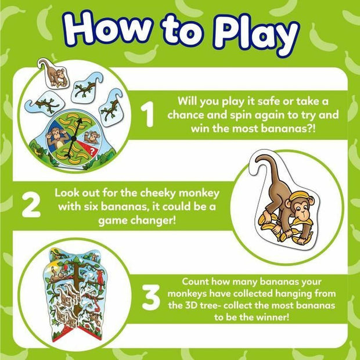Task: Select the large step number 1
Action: point(147,114)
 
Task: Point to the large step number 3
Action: point(151,297)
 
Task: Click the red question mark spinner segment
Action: point(89,148)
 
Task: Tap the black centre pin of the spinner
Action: point(74,138)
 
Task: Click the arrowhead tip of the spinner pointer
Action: point(81,119)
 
